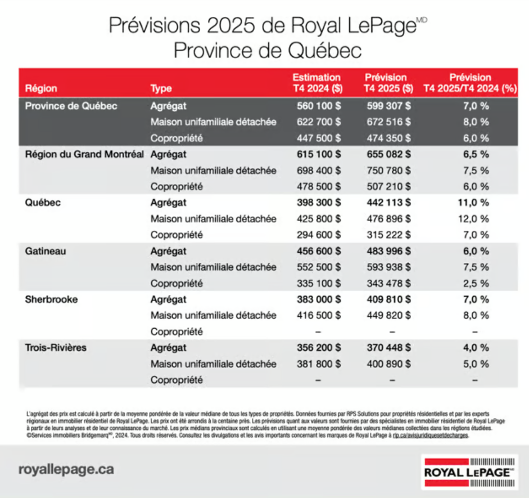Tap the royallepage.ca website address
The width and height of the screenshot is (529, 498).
(66, 469)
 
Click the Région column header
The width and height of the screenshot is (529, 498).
(41, 88)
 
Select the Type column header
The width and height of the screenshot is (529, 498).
(161, 88)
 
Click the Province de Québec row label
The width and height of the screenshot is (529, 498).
(71, 105)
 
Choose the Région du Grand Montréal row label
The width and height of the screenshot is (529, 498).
(85, 154)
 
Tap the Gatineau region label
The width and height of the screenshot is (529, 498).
(46, 251)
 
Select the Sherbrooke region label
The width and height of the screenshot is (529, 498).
(51, 299)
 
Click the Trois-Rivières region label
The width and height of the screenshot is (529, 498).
(56, 348)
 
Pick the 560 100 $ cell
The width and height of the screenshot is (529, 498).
(319, 105)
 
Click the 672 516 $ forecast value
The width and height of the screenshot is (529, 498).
(388, 122)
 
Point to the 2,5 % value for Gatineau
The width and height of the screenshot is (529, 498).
(475, 283)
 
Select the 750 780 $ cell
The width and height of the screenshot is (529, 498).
(388, 170)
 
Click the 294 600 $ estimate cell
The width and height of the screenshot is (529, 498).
(319, 235)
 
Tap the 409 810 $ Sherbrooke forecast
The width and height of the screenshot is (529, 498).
(388, 299)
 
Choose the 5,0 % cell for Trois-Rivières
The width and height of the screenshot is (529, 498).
(475, 364)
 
